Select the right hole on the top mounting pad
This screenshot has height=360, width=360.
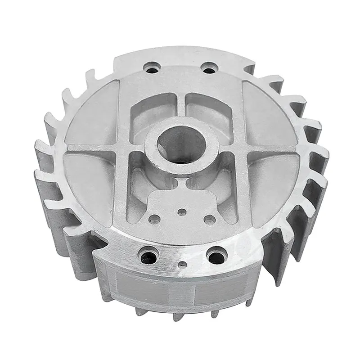208,68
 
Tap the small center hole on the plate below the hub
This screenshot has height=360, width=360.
181,211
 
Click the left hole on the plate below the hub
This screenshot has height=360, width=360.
154,220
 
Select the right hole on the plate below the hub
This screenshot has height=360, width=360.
209,219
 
